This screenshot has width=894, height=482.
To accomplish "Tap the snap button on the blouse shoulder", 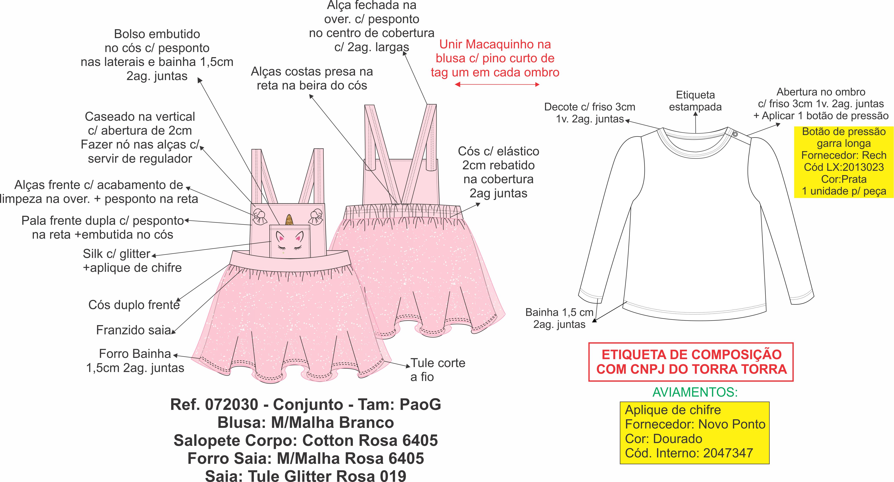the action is pyautogui.click(x=735, y=134).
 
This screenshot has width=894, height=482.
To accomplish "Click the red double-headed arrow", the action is pyautogui.click(x=497, y=84).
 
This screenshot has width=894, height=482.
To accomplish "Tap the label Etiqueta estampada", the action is pyautogui.click(x=695, y=101).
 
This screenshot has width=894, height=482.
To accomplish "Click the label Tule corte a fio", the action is pyautogui.click(x=438, y=370).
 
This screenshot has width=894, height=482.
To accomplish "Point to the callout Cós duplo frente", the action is pyautogui.click(x=134, y=305).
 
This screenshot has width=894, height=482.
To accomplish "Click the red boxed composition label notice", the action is pyautogui.click(x=691, y=362).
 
